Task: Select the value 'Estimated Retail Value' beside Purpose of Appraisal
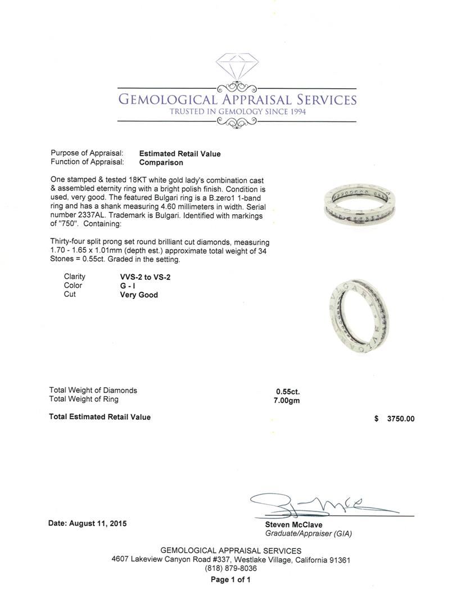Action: tap(180, 153)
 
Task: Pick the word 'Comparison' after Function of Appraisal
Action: tap(161, 162)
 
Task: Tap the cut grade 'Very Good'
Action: tap(139, 295)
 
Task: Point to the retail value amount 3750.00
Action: tap(401, 419)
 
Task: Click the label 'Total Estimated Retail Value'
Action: tap(100, 417)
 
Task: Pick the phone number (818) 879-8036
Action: tap(231, 569)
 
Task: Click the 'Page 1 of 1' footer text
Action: tap(231, 579)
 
